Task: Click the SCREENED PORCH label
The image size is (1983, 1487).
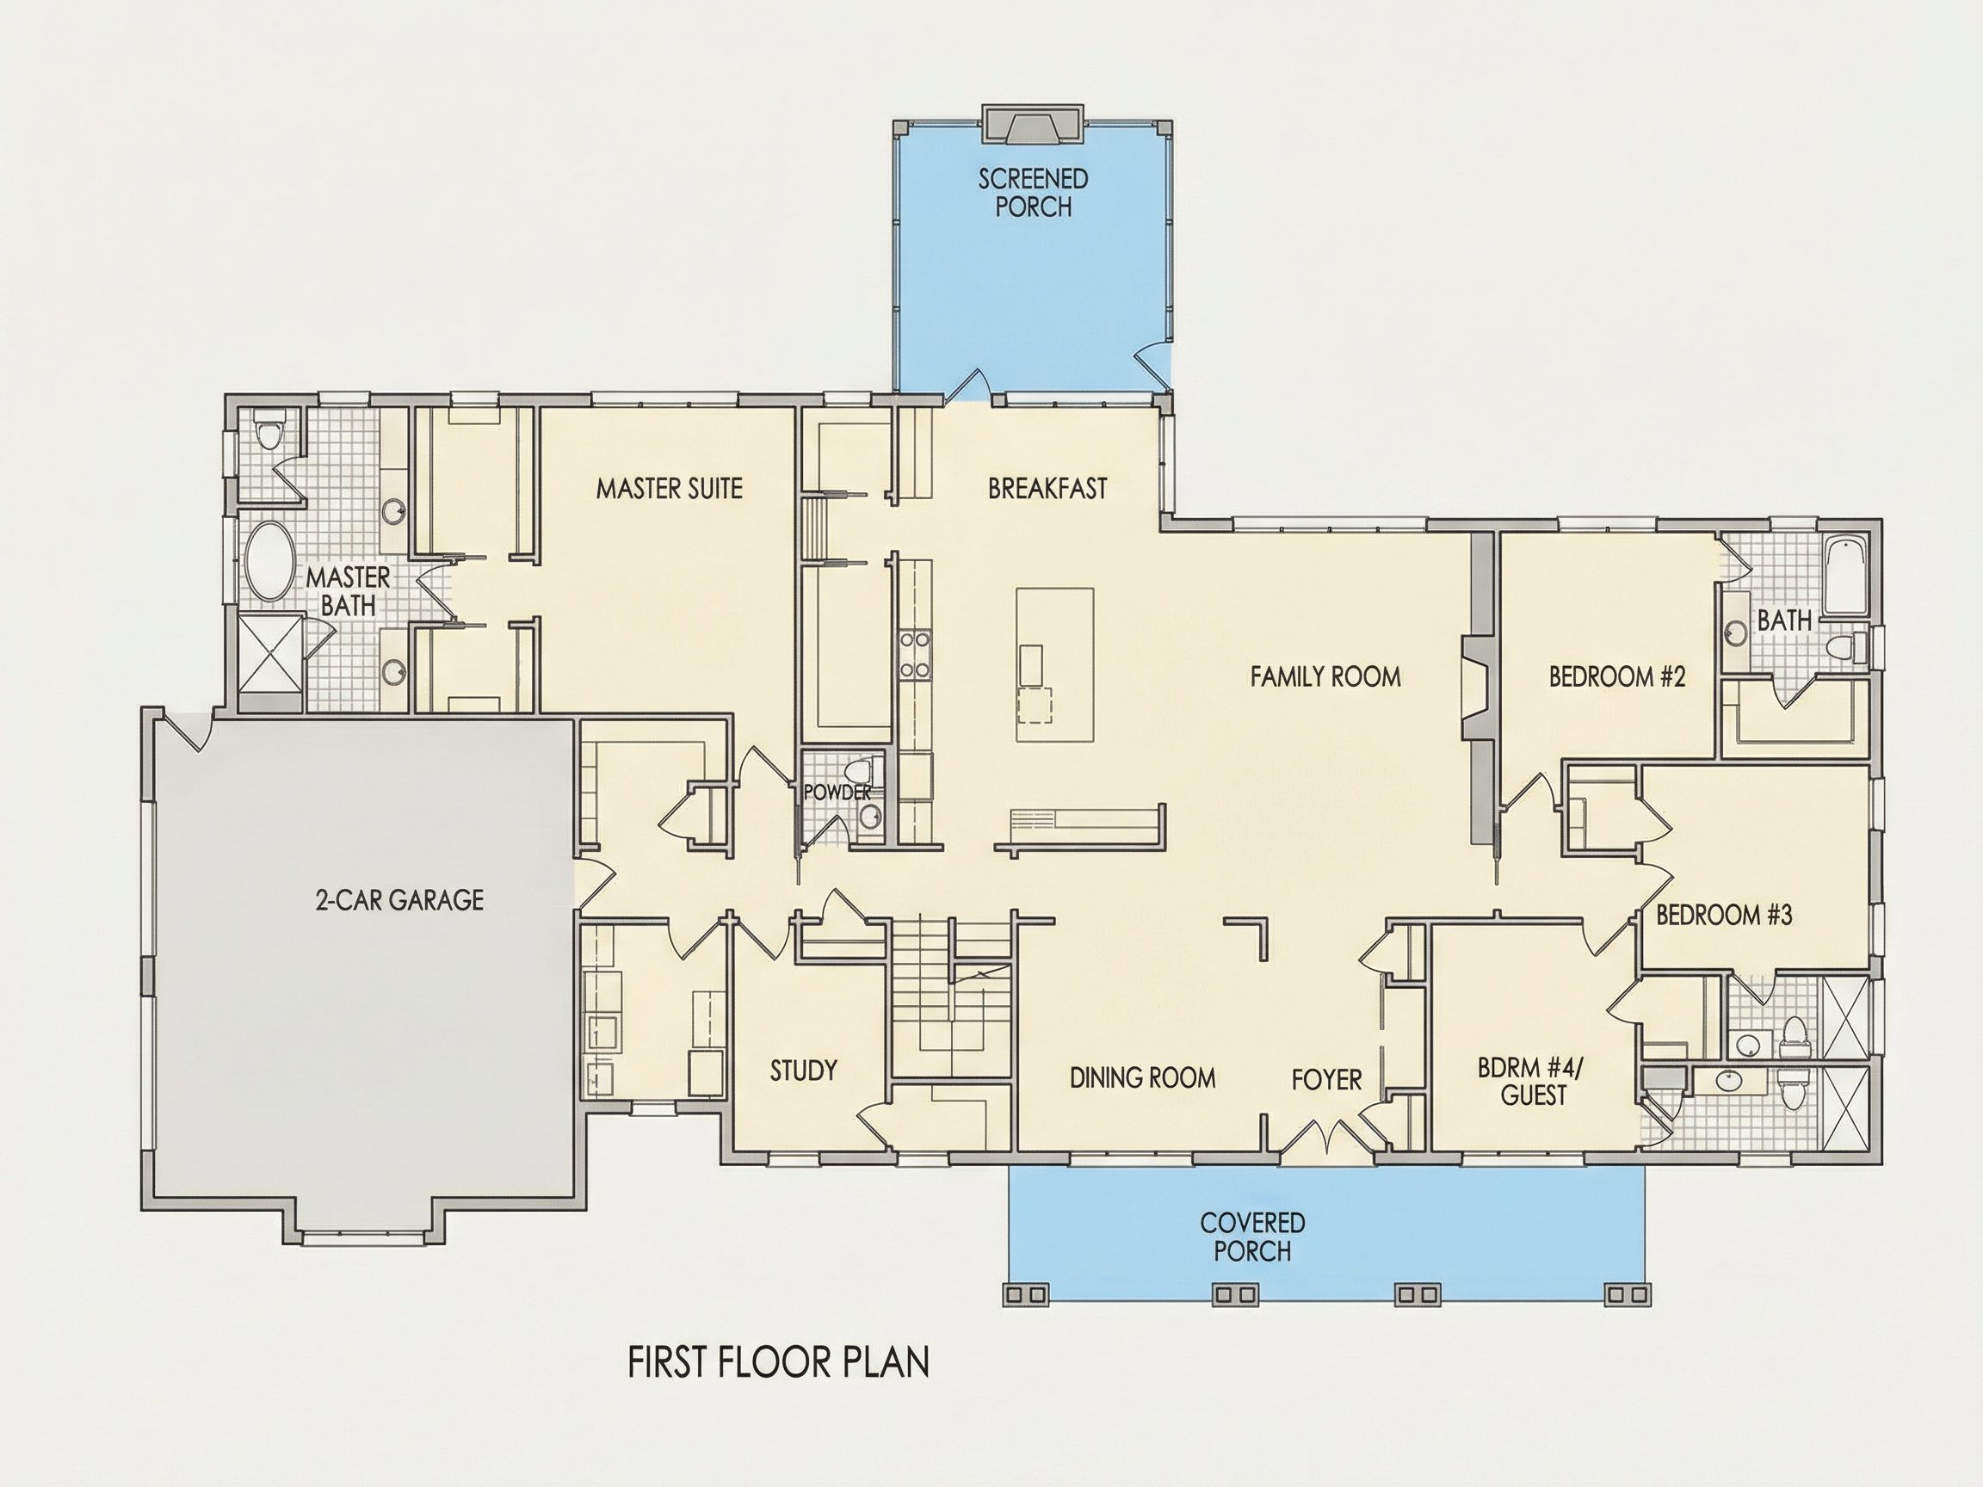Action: [1033, 193]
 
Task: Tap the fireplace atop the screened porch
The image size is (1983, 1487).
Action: [1033, 124]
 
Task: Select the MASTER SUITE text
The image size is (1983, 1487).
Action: [670, 489]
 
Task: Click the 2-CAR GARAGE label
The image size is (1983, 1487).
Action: [400, 900]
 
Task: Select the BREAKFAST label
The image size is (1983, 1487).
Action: [1047, 489]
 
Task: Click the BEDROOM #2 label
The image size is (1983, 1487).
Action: [1617, 676]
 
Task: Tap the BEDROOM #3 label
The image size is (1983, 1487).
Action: [1724, 915]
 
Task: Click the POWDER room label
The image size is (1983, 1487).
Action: [837, 793]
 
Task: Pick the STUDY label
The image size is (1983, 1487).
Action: [803, 1071]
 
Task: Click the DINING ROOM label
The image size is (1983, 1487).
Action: [1142, 1077]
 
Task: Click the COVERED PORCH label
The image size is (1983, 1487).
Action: [1252, 1236]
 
